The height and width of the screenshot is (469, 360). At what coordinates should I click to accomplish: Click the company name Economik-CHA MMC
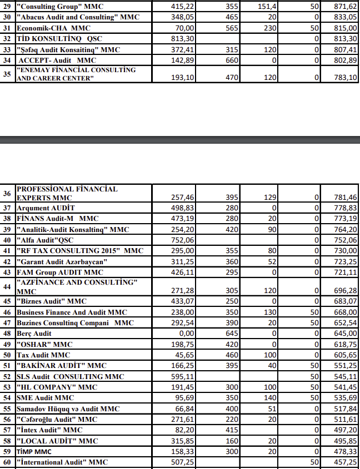tap(53, 28)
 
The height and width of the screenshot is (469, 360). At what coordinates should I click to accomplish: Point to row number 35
tap(7, 73)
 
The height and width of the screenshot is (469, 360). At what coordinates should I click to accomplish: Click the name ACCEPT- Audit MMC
tap(57, 60)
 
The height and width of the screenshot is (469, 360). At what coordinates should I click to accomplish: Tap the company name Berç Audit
tap(34, 334)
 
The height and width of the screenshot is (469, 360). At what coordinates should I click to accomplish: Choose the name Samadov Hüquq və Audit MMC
tap(68, 409)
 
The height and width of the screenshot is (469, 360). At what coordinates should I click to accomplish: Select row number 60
tap(7, 462)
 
